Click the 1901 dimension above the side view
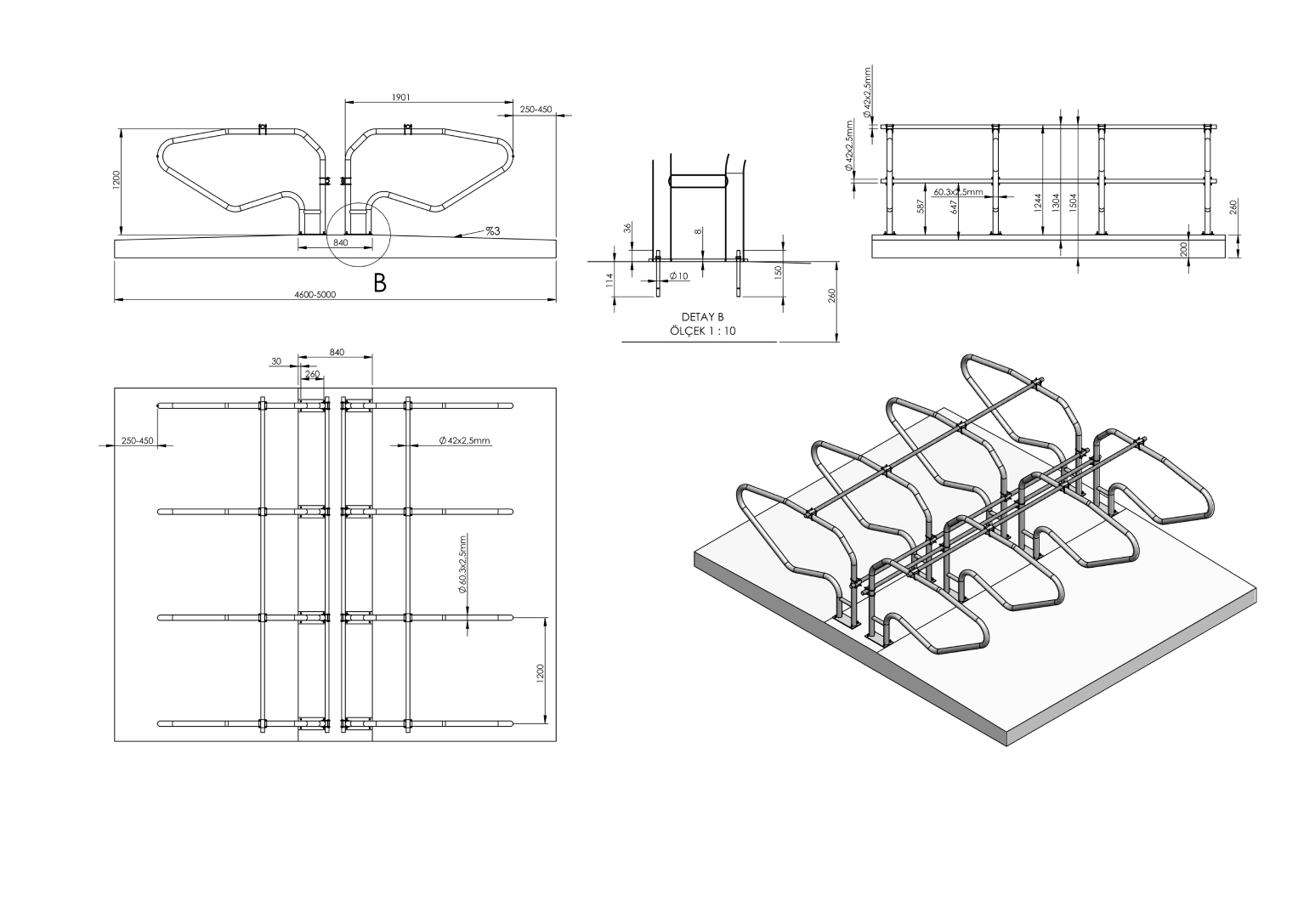401,97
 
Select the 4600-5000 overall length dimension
315,295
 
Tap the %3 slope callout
492,230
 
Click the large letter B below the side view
380,283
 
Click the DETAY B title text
702,317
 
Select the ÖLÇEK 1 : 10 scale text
702,331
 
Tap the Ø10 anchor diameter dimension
678,276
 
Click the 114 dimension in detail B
609,280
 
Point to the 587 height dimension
922,208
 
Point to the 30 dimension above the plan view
276,361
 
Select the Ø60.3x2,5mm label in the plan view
463,564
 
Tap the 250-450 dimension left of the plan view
137,440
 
